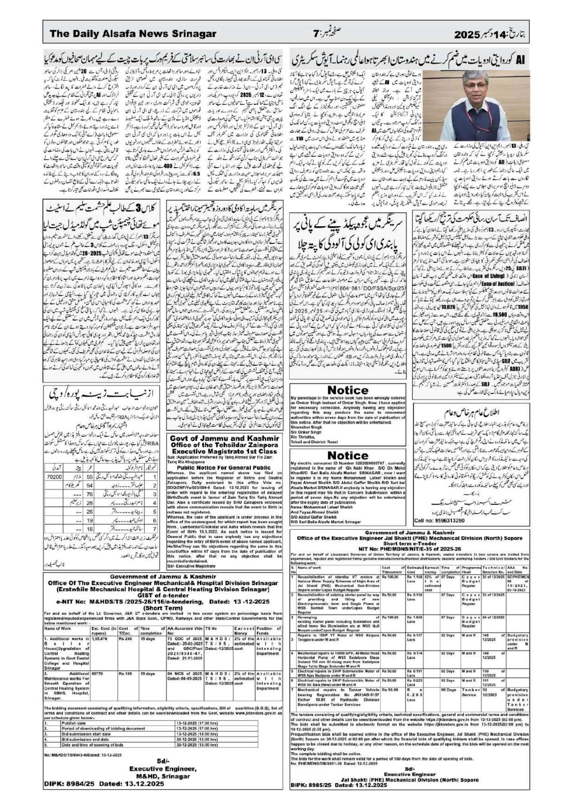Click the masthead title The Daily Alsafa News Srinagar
pyautogui.click(x=133, y=34)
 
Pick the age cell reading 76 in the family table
pyautogui.click(x=90, y=494)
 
